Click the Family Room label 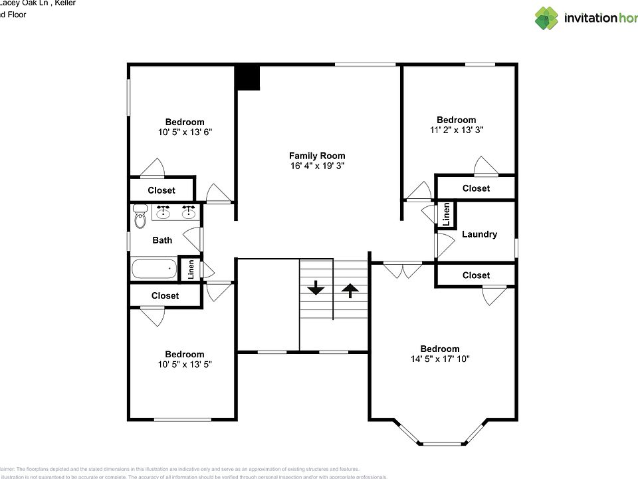click(x=317, y=156)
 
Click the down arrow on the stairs click(x=316, y=288)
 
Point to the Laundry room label click(x=479, y=234)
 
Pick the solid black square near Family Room click(x=247, y=77)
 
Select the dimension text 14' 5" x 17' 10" click(x=439, y=359)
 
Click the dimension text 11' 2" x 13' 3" click(x=456, y=130)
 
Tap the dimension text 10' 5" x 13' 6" click(x=185, y=132)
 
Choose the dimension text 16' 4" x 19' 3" click(x=317, y=166)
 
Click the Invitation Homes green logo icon click(x=546, y=18)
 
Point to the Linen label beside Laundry click(x=447, y=214)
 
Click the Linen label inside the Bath click(x=191, y=269)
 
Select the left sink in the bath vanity click(x=163, y=213)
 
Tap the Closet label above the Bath click(x=161, y=190)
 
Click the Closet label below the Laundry click(x=476, y=275)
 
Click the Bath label click(x=162, y=240)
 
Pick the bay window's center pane click(x=442, y=444)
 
